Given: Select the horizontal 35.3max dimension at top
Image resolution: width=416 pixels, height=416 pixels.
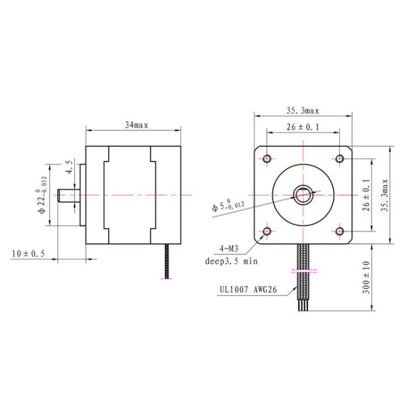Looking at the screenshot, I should (303, 110).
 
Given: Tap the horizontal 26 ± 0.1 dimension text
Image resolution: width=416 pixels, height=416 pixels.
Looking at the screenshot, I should (303, 128).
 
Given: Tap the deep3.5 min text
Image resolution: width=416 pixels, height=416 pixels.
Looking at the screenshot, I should (231, 261).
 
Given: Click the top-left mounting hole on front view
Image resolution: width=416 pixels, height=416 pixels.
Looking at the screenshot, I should (267, 159).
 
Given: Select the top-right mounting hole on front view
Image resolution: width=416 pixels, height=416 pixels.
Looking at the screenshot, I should (339, 159).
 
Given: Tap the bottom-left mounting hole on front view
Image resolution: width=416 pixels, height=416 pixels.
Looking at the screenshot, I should (267, 232).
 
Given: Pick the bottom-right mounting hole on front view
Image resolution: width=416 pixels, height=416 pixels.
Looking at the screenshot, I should (339, 232).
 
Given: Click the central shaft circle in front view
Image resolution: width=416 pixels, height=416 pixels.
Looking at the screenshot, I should (303, 195).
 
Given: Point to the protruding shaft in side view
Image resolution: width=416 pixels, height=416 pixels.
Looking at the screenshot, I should (68, 195).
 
